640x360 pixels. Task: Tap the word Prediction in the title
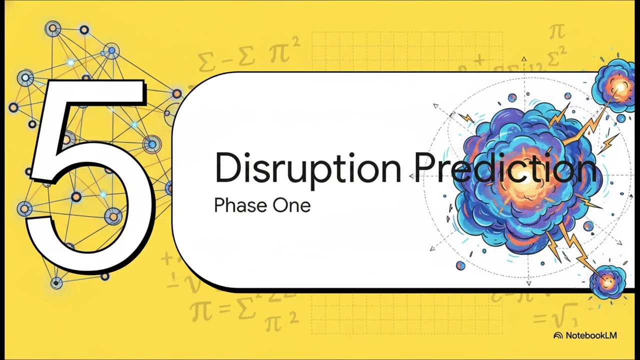click(505, 168)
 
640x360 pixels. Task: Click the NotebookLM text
click(591, 335)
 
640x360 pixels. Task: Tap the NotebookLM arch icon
click(558, 335)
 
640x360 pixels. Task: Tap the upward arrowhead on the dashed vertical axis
click(523, 59)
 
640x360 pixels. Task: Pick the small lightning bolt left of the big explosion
click(466, 117)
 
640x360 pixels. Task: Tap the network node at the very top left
click(53, 28)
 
